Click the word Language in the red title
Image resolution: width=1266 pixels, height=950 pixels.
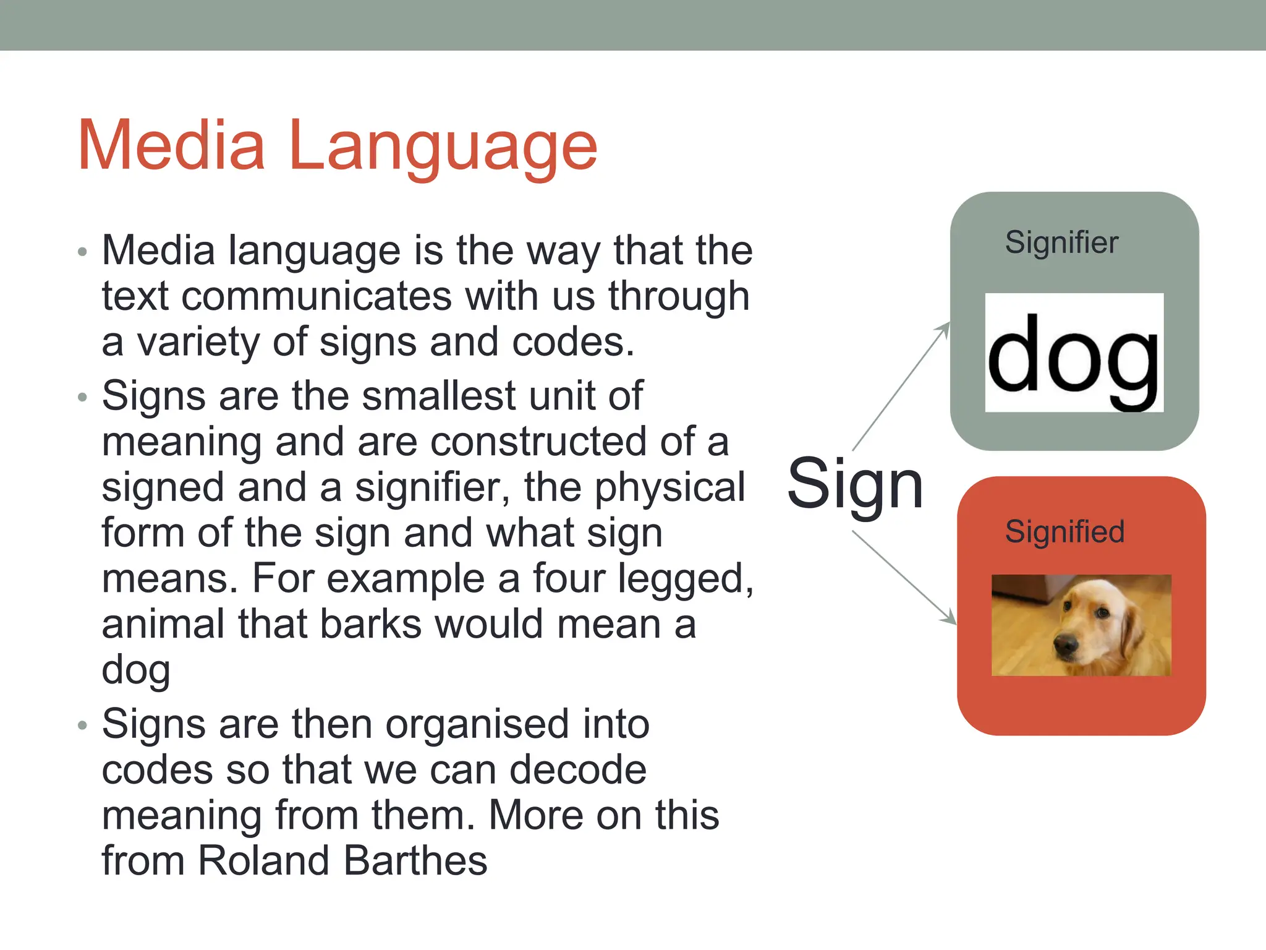pos(443,148)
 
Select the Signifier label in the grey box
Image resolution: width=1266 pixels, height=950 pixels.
pos(1061,242)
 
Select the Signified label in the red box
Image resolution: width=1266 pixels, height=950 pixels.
pos(1064,532)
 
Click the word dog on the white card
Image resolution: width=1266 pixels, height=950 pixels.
pos(1074,356)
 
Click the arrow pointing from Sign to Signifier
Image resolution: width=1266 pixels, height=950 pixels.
pos(901,386)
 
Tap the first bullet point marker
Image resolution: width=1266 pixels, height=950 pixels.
pos(83,252)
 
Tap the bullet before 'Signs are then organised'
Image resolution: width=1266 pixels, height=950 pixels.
pos(83,725)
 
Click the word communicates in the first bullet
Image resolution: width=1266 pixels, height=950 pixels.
pos(317,296)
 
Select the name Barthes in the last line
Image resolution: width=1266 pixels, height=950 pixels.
pos(415,861)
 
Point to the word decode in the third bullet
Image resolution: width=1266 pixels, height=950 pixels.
pos(578,770)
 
